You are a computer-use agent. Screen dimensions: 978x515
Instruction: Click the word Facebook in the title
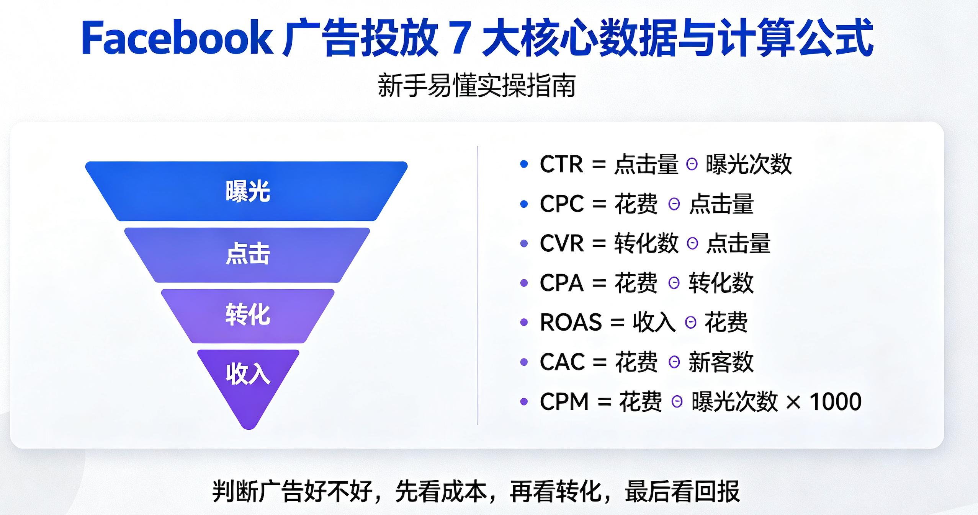click(x=177, y=37)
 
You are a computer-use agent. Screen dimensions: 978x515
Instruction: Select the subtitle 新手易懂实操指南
click(x=477, y=86)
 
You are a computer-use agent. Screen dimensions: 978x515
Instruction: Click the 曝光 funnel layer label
click(x=248, y=191)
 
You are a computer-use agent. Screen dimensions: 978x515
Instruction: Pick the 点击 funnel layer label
click(x=248, y=253)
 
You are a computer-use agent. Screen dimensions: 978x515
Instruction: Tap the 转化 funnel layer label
click(x=248, y=315)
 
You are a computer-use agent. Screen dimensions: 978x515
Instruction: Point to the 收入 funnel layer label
click(x=248, y=374)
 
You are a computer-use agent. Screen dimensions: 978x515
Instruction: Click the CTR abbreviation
click(x=561, y=164)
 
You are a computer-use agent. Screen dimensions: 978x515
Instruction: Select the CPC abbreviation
click(x=562, y=204)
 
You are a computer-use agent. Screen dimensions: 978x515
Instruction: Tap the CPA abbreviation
click(x=562, y=283)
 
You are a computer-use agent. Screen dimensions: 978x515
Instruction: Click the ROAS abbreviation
click(x=571, y=322)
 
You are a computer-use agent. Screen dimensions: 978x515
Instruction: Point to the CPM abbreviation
click(x=564, y=402)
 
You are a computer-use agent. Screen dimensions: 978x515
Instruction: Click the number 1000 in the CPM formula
click(x=835, y=402)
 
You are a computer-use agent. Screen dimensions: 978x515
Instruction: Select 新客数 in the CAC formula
click(x=721, y=362)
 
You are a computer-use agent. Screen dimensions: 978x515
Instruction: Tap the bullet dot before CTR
click(x=524, y=164)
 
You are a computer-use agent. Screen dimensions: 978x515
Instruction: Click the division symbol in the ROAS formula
click(x=690, y=323)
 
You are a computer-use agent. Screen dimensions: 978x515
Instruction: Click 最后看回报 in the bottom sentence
click(x=682, y=491)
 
